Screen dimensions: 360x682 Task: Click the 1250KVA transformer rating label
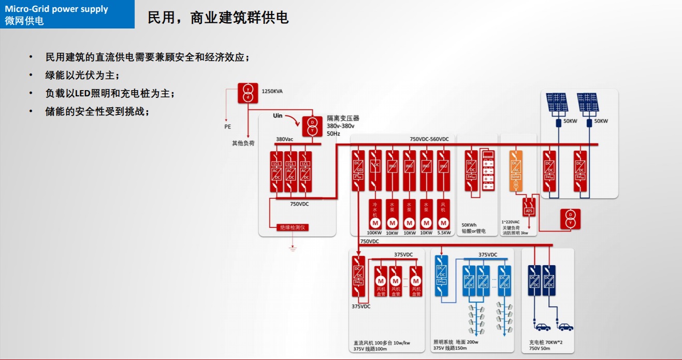pos(272,91)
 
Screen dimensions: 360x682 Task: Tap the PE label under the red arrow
pos(228,126)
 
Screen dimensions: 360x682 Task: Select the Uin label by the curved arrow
pos(278,116)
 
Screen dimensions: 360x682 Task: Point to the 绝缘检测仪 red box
pos(294,227)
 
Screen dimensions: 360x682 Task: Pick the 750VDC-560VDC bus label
pos(429,139)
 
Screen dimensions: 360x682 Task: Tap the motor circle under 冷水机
pos(374,223)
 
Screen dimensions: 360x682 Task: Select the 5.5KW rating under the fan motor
pos(444,233)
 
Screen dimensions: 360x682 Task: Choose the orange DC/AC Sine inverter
pos(515,170)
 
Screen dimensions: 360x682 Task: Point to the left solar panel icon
pos(558,102)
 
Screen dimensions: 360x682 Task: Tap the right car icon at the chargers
pos(565,327)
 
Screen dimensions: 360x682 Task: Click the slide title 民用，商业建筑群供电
pos(218,18)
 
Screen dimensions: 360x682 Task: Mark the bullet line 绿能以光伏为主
pos(82,76)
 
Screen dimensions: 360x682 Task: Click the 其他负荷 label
pos(243,143)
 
